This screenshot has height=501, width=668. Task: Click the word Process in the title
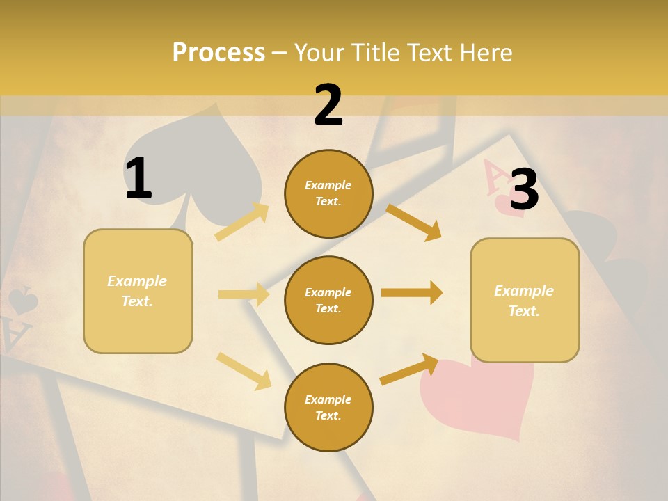tap(218, 53)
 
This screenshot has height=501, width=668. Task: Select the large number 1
tap(138, 179)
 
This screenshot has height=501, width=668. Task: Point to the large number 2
tap(328, 105)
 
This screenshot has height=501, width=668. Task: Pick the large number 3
tap(524, 189)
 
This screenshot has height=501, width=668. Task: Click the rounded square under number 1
tap(138, 291)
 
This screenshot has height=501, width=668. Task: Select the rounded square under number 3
tap(525, 300)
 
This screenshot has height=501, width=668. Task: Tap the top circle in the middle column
tap(328, 193)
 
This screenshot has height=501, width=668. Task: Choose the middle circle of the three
tap(328, 300)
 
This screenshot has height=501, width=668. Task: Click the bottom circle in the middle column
tap(328, 407)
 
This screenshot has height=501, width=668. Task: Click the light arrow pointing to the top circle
tap(242, 222)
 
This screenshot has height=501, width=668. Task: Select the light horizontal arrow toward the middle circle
tap(244, 294)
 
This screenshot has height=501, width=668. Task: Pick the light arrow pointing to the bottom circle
tap(244, 371)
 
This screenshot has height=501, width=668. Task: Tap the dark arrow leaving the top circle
tap(413, 222)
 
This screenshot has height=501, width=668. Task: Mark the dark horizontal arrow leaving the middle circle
tap(411, 293)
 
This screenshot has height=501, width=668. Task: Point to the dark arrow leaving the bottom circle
tap(409, 369)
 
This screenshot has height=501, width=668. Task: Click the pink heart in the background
tap(480, 397)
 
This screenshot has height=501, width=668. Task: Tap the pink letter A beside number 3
tap(495, 178)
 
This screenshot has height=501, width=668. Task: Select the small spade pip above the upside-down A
tap(22, 301)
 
